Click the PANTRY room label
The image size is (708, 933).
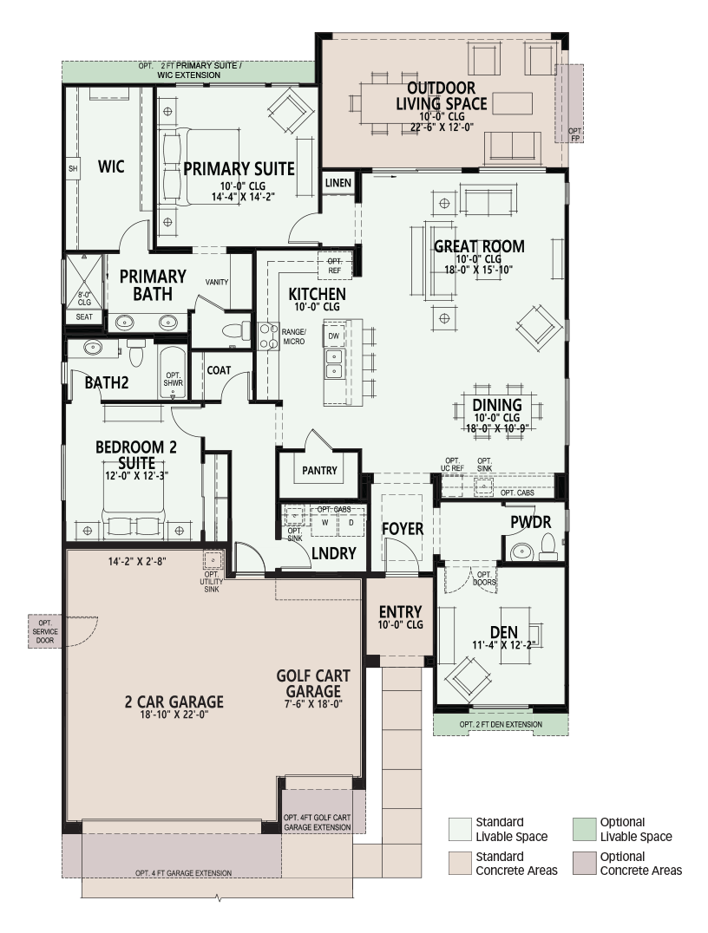tap(319, 471)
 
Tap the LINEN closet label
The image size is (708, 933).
tap(338, 183)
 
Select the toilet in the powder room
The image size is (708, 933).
tap(547, 547)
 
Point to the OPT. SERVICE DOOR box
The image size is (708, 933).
tap(45, 631)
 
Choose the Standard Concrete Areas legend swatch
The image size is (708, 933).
tap(460, 864)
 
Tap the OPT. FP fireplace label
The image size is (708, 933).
tap(574, 134)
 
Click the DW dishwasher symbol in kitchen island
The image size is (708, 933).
tap(333, 336)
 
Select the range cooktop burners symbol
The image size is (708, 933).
tap(269, 336)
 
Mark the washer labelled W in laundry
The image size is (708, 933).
tap(324, 523)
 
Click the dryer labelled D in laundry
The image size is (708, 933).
tap(351, 523)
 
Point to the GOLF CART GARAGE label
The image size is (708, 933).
tap(312, 683)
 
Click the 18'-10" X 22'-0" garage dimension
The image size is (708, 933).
tap(174, 714)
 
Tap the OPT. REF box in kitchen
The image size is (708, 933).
tap(335, 265)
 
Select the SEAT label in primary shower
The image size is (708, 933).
tap(84, 317)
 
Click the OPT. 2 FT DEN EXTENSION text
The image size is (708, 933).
tap(501, 724)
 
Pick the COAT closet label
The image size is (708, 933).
tap(219, 370)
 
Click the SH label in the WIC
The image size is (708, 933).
tap(73, 168)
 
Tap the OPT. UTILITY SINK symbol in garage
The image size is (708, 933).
tap(212, 560)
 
